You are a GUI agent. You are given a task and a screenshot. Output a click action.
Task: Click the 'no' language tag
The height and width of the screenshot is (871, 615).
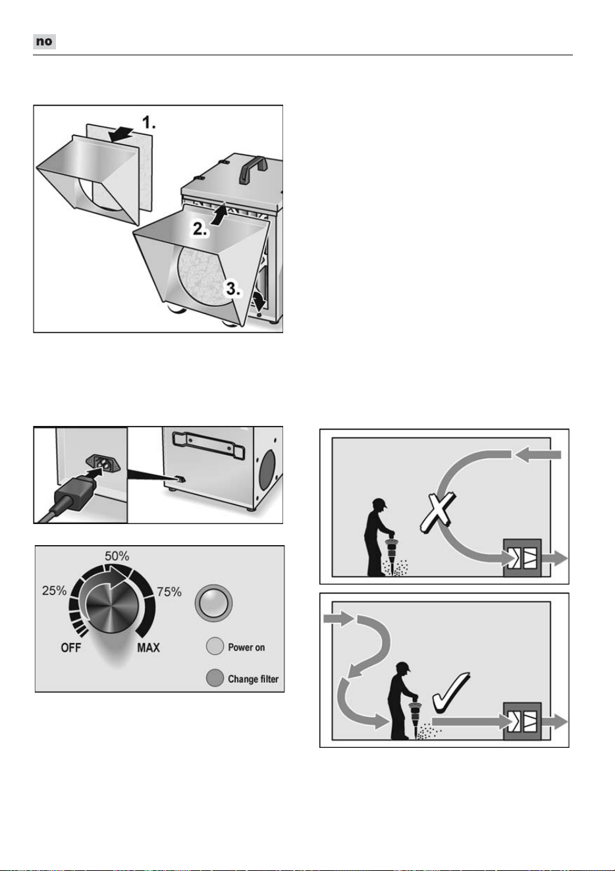(x=44, y=41)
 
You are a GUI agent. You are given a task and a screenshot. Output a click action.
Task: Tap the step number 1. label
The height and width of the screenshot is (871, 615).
(x=149, y=122)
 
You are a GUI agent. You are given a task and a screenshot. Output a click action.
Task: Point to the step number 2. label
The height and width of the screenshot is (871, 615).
(x=200, y=229)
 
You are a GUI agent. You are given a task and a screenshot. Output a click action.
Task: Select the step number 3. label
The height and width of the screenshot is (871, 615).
(x=233, y=289)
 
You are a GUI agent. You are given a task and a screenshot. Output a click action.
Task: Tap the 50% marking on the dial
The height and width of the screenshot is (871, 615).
(x=117, y=556)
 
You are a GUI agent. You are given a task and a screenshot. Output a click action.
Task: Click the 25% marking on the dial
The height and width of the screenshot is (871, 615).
(x=55, y=591)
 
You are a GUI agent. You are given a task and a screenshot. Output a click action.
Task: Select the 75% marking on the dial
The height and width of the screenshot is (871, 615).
(x=169, y=592)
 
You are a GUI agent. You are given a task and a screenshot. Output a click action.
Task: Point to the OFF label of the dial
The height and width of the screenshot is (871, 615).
(x=71, y=648)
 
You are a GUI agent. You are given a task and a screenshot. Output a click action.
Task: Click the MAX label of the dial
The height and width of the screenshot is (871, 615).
(x=148, y=648)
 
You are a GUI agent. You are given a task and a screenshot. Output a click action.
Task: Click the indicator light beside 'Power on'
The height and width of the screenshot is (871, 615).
(x=215, y=647)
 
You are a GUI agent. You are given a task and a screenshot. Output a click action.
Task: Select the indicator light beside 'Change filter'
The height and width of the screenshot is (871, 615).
(x=215, y=677)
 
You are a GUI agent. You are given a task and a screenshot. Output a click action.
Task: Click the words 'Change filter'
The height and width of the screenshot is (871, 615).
(x=254, y=679)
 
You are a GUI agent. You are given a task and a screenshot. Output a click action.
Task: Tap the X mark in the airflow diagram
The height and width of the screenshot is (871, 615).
(x=438, y=512)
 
